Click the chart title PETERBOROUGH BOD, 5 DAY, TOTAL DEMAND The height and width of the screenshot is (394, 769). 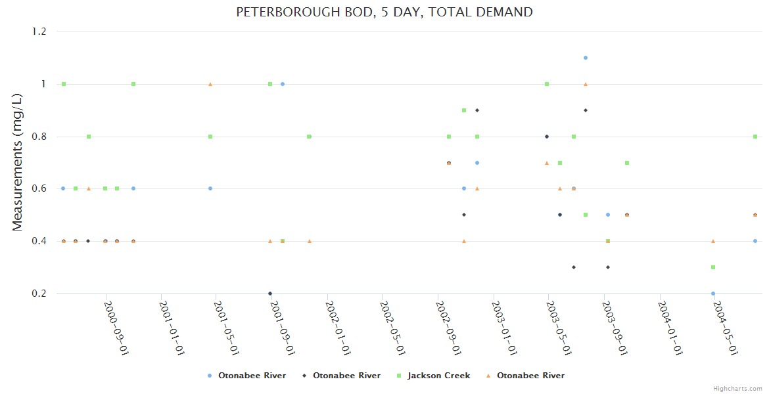point(384,12)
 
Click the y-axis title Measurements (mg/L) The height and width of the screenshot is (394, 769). point(18,162)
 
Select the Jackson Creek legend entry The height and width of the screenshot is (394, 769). point(438,376)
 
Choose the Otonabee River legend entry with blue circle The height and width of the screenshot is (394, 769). point(252,376)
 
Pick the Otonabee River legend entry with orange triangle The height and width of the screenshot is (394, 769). point(530,376)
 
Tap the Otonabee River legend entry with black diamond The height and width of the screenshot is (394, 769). point(346,376)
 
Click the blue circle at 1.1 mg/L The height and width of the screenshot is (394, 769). point(586,58)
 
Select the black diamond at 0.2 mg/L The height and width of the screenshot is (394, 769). point(270,294)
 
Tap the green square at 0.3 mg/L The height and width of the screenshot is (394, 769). point(713,267)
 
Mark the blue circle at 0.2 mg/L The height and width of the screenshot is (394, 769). point(713,294)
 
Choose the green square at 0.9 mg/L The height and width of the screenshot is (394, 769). point(464,110)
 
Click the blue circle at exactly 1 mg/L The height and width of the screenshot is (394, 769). point(283,84)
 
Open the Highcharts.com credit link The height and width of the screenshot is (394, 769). point(738,389)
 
